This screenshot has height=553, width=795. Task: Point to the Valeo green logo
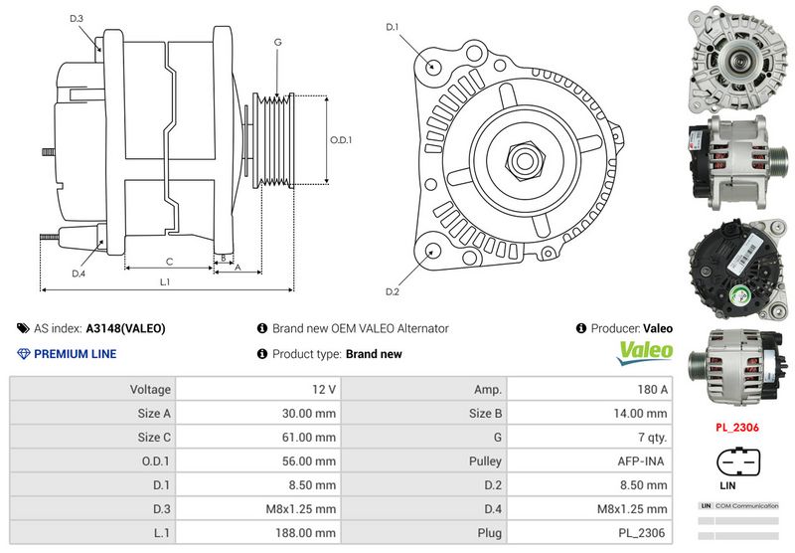pyautogui.click(x=646, y=352)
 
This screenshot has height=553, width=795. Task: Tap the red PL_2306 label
pyautogui.click(x=738, y=428)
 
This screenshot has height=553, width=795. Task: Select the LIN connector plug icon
pyautogui.click(x=738, y=464)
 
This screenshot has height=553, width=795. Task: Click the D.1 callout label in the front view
pyautogui.click(x=392, y=27)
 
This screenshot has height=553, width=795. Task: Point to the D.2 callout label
pyautogui.click(x=392, y=291)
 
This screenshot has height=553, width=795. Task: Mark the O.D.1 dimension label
pyautogui.click(x=341, y=140)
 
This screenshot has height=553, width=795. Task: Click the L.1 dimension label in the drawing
pyautogui.click(x=165, y=282)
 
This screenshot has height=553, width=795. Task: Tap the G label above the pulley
pyautogui.click(x=277, y=42)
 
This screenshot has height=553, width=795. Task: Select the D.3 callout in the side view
pyautogui.click(x=77, y=19)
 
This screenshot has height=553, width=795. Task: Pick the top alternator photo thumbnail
pyautogui.click(x=737, y=58)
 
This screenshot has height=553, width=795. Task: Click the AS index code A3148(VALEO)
pyautogui.click(x=125, y=328)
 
